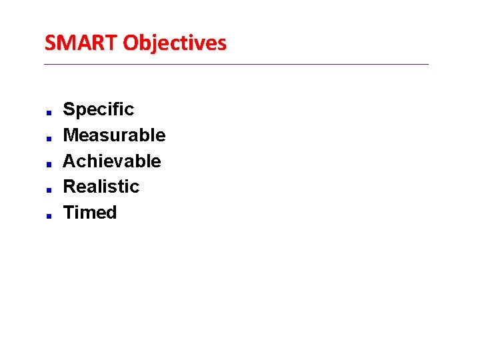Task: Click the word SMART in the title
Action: [81, 43]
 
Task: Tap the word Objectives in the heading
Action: [175, 43]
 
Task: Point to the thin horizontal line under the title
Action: [237, 64]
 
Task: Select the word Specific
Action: [98, 109]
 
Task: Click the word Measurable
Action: [114, 135]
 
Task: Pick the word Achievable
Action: [112, 161]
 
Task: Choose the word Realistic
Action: [101, 187]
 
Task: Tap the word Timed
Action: [90, 213]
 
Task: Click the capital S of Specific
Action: [69, 109]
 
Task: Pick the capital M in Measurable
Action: [70, 135]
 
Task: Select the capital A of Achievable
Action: [69, 161]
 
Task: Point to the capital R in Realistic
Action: [69, 187]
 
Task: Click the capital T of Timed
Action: [69, 213]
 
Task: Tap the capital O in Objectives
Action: [131, 43]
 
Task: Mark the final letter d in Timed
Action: [111, 213]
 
